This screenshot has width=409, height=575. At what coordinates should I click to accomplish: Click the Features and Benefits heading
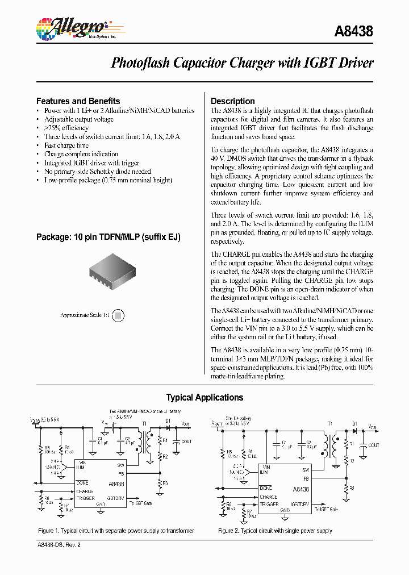point(78,101)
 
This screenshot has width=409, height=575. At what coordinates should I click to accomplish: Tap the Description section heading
point(232,101)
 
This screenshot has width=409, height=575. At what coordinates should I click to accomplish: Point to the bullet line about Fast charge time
point(66,145)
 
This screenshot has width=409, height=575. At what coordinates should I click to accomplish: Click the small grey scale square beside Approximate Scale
point(118,315)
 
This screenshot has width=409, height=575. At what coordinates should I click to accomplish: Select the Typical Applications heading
point(204,398)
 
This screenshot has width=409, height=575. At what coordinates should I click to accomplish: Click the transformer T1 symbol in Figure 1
point(151,443)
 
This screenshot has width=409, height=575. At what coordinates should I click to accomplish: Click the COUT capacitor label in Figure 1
point(186,441)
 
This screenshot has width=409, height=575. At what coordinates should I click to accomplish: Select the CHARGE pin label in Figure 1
point(85,491)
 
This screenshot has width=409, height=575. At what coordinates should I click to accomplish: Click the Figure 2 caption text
point(275,531)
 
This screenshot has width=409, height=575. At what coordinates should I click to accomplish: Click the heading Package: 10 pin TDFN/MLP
point(108,237)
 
